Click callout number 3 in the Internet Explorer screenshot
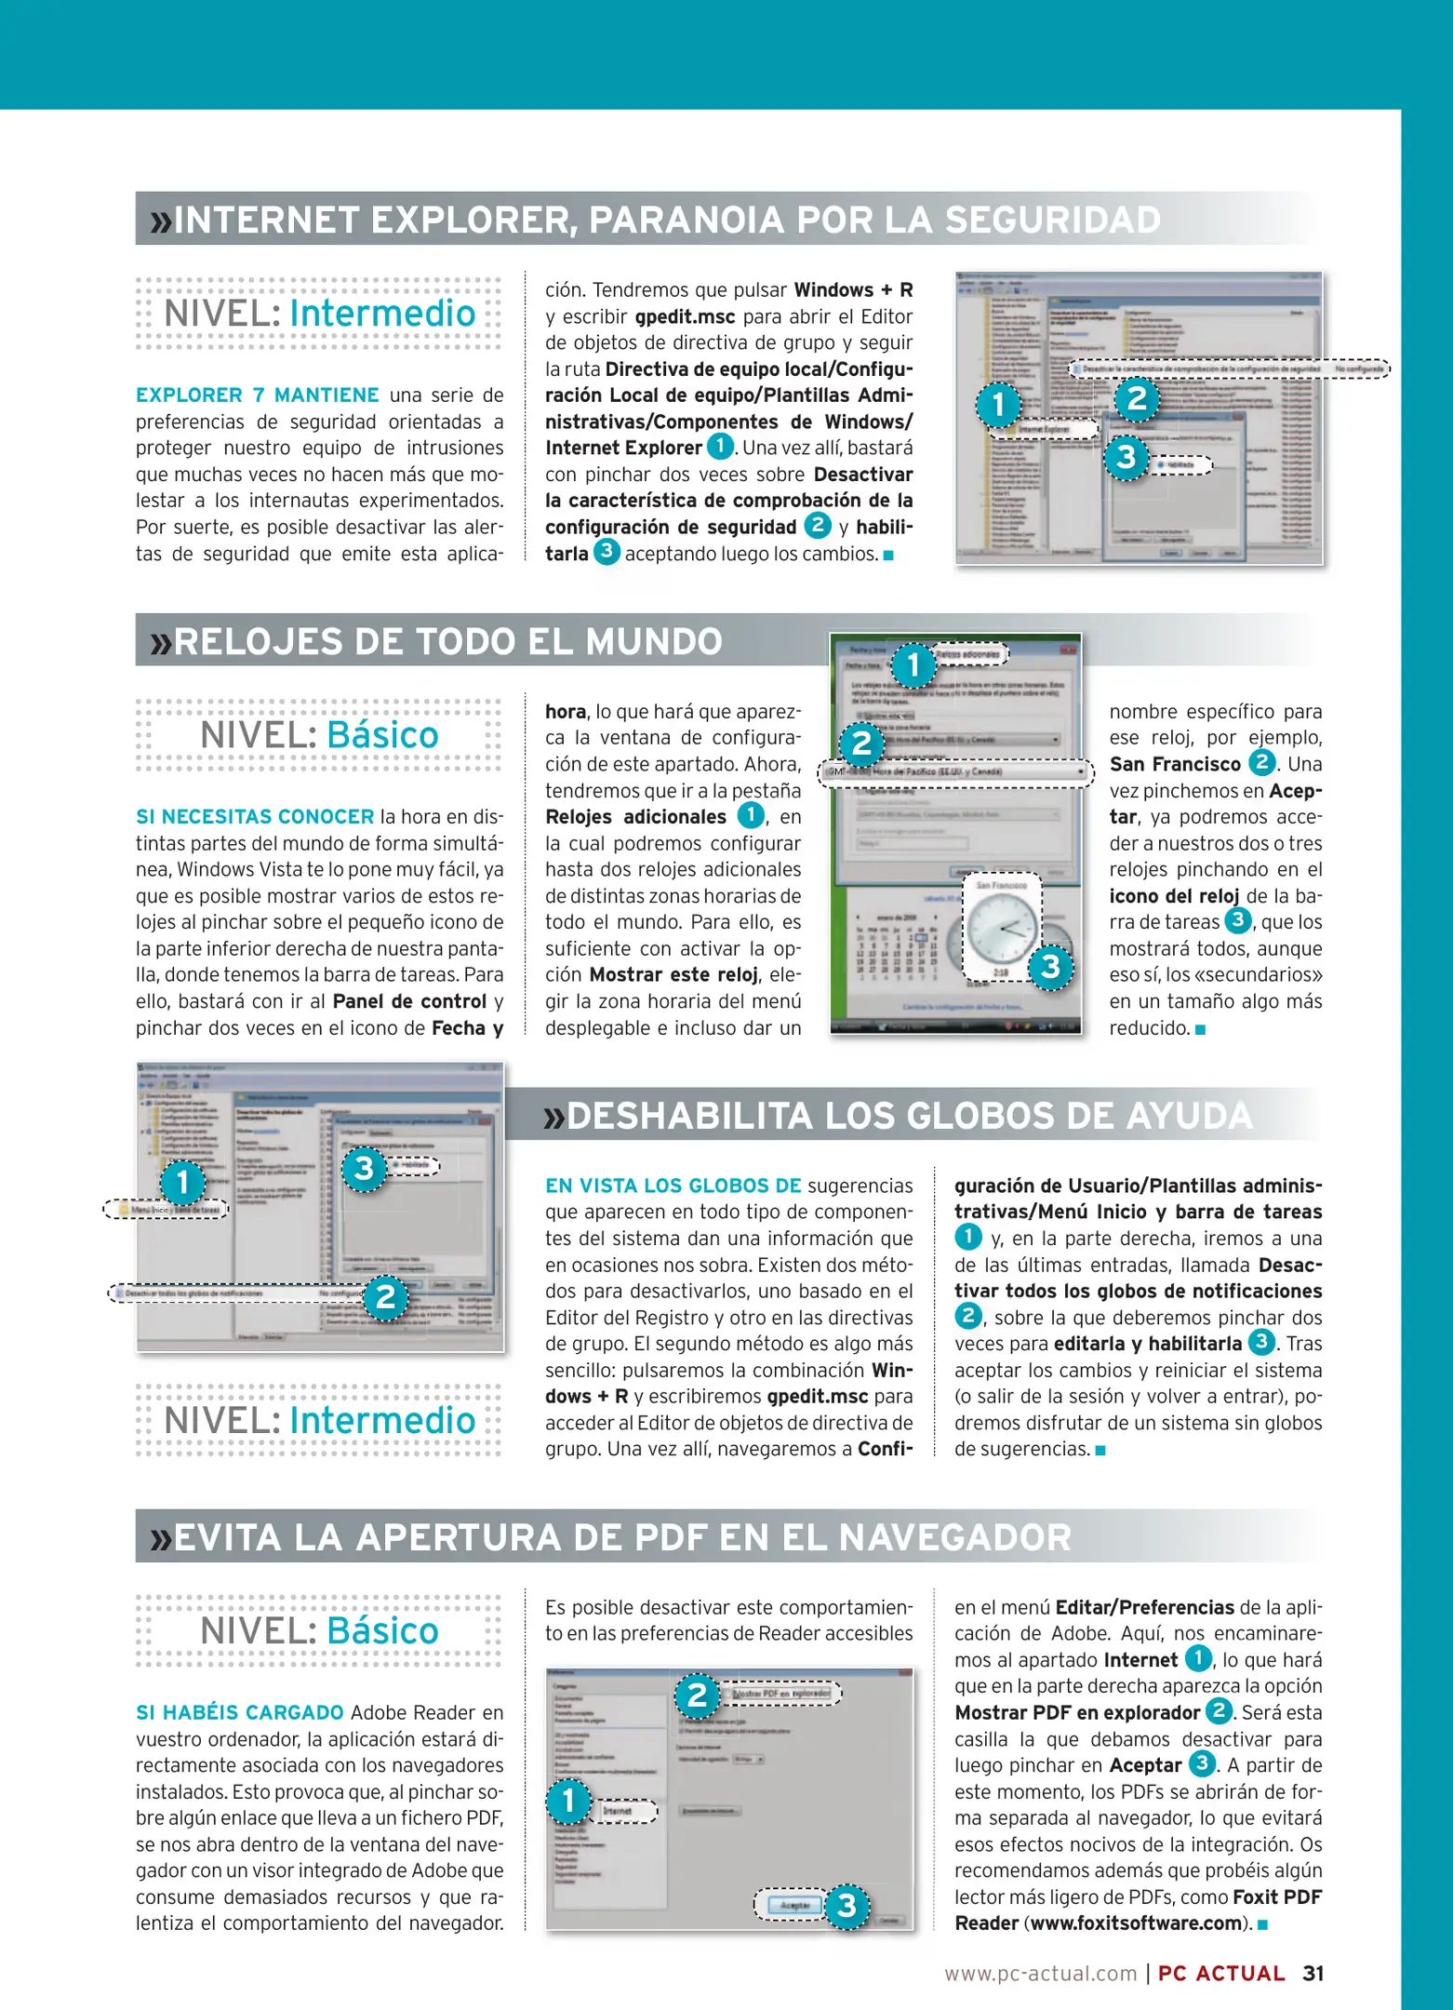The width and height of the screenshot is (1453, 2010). [1126, 458]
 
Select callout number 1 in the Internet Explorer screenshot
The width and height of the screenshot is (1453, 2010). [998, 405]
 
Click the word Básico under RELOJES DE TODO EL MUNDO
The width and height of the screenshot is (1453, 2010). [382, 736]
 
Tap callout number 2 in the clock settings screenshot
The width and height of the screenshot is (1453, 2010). [861, 744]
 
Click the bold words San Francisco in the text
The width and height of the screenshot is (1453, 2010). [1174, 765]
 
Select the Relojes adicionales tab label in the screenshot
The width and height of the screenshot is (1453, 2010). [967, 655]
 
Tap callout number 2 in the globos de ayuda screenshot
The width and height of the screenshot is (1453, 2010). [385, 1296]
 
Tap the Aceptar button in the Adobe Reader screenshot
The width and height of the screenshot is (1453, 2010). [793, 1905]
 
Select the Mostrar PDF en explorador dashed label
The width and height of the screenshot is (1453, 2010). [782, 1694]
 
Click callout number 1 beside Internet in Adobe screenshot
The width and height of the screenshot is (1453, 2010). [568, 1802]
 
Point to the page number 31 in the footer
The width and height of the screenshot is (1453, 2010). [1313, 1974]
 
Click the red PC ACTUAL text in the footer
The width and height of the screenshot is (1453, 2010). [1220, 1974]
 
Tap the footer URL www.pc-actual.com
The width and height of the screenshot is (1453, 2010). [1040, 1974]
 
